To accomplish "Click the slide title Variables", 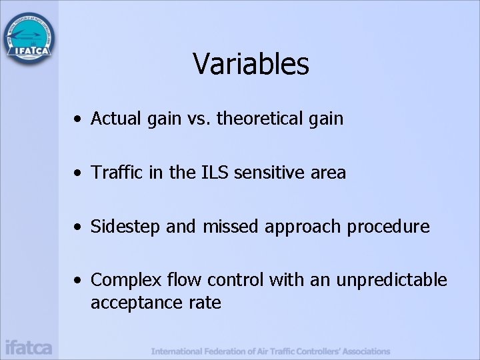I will point(251,65).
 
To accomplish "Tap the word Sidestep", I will point(126,227).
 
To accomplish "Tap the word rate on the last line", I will point(205,303).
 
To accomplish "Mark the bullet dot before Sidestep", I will point(79,227).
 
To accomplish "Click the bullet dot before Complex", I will point(79,281).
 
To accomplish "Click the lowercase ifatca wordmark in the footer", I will point(28,347).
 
